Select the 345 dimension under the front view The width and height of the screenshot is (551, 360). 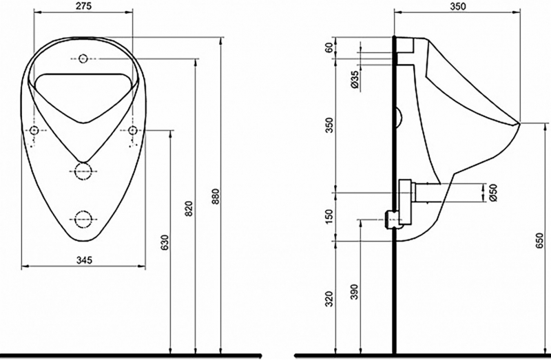[83, 260]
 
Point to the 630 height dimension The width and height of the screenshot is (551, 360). [164, 242]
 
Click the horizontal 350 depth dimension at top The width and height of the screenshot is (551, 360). [458, 6]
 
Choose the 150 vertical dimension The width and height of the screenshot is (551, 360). [329, 215]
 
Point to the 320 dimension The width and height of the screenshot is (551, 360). [329, 298]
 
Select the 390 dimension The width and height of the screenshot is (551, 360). [354, 292]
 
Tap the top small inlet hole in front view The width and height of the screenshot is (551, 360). [83, 58]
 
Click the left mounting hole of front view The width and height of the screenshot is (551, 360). [33, 130]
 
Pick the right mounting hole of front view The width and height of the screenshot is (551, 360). [133, 130]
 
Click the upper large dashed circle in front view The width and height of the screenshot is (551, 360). [83, 170]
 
